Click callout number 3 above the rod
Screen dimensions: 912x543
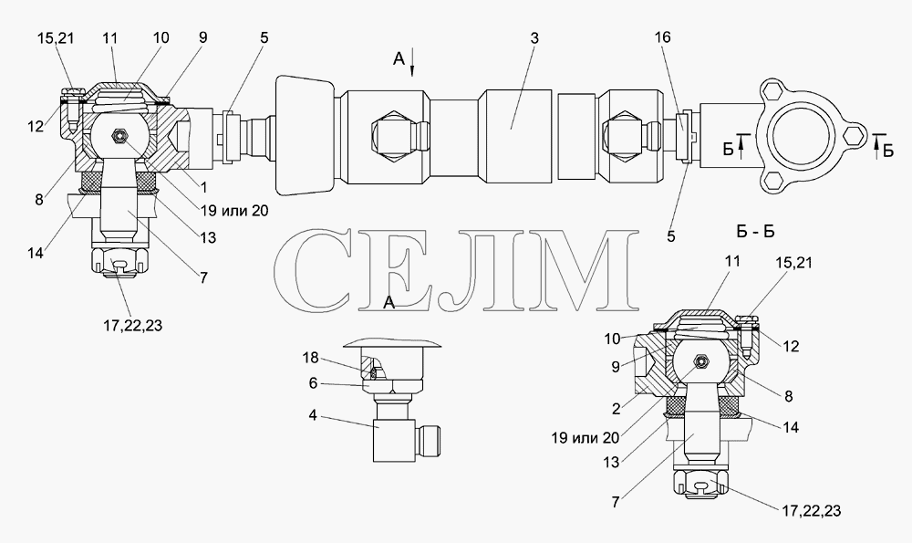(534, 38)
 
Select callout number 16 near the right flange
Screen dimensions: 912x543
(662, 37)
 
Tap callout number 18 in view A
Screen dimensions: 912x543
(310, 358)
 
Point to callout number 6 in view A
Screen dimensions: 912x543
(312, 383)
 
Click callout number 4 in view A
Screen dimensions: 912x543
(313, 417)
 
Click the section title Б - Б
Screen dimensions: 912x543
(755, 232)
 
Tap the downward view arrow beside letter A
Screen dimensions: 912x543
(412, 63)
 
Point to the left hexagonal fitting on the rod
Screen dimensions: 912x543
(392, 133)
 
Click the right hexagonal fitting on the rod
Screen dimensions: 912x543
(628, 133)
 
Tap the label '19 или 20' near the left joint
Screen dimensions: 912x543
(235, 210)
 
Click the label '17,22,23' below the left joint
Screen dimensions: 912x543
(132, 326)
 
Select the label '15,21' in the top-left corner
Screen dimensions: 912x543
(56, 38)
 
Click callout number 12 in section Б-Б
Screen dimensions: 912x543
(791, 346)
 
